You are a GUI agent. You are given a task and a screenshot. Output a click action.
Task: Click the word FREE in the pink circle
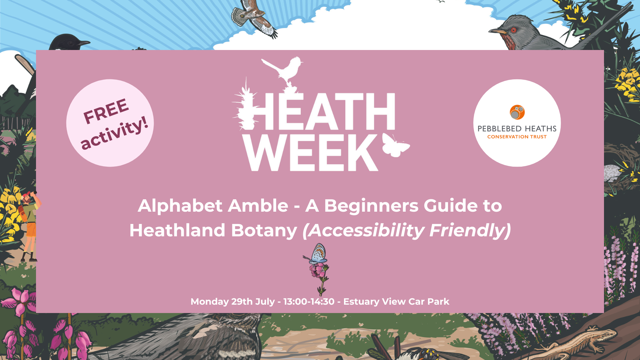(x=106, y=111)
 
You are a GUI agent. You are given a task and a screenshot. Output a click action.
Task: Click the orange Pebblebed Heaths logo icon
(x=517, y=112)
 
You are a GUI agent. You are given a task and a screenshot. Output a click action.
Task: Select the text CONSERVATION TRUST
(x=517, y=137)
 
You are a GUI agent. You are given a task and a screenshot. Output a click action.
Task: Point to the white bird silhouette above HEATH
(x=283, y=72)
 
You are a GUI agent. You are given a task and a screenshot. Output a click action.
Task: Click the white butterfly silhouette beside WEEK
(x=396, y=145)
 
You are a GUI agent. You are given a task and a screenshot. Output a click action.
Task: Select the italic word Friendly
(x=470, y=230)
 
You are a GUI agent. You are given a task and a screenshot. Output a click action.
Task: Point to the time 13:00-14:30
(x=309, y=301)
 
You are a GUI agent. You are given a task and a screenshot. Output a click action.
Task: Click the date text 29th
(x=242, y=301)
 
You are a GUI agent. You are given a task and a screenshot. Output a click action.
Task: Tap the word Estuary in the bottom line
(x=361, y=302)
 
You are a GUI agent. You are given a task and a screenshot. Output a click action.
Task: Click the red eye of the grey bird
(x=514, y=30)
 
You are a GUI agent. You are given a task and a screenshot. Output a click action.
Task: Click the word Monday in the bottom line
(x=209, y=302)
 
